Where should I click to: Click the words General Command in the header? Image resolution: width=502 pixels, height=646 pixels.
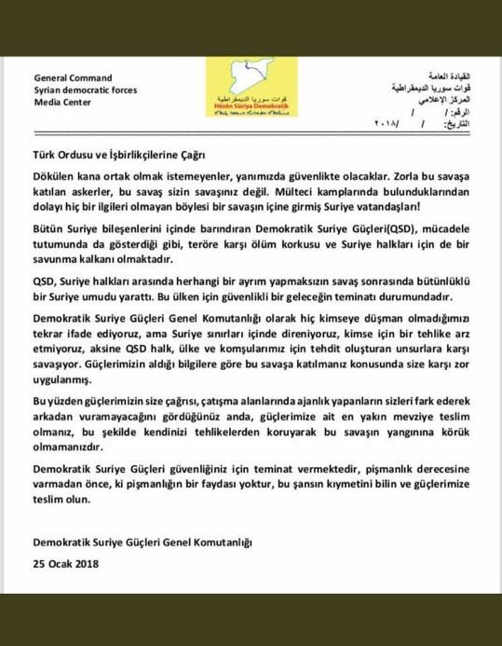click(x=73, y=77)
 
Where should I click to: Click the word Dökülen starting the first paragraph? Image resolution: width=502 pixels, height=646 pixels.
click(x=56, y=176)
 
